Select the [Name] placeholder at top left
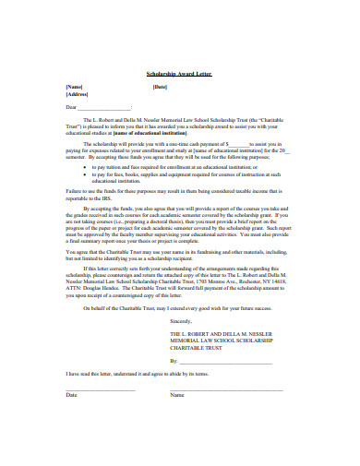point(74,87)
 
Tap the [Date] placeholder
point(160,87)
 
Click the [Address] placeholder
point(77,94)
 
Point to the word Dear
point(71,106)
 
